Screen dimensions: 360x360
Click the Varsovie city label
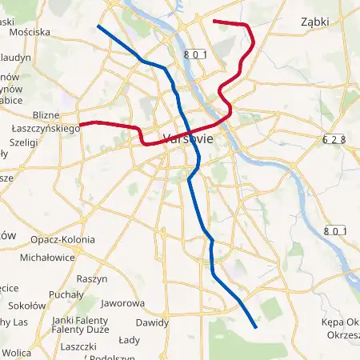[188, 138]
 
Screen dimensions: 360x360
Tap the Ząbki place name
[315, 23]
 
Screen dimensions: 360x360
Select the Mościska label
[30, 33]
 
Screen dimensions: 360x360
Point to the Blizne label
[46, 115]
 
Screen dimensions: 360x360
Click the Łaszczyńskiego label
[44, 128]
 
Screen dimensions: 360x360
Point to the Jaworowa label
[123, 304]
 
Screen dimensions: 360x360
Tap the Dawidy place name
[152, 323]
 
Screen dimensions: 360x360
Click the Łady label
[129, 339]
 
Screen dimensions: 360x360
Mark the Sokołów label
[26, 305]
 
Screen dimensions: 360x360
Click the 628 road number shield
[334, 138]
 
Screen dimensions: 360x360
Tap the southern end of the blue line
[255, 327]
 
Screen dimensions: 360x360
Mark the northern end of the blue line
[98, 26]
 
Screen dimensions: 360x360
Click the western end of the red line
[79, 125]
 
